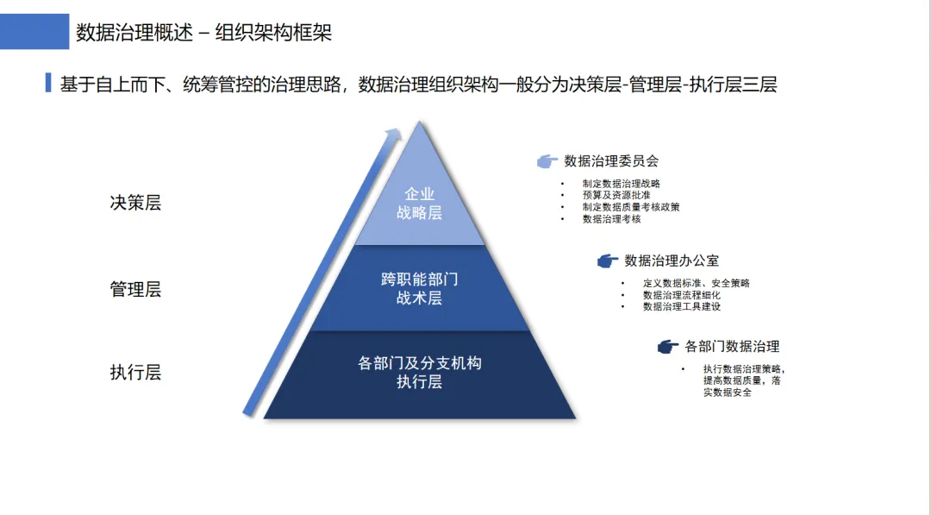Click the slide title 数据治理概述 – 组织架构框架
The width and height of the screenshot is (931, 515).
click(203, 33)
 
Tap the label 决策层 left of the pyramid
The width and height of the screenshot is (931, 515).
click(135, 204)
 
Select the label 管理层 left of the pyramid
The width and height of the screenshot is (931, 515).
click(135, 289)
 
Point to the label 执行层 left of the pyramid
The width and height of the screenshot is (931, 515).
click(135, 373)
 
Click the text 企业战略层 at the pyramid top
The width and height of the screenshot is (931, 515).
click(419, 204)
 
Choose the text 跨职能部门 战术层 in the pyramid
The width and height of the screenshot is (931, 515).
click(419, 289)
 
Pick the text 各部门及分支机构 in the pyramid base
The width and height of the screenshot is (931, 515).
click(419, 363)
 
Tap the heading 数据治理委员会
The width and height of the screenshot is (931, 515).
click(611, 161)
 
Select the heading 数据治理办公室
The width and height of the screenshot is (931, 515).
click(672, 261)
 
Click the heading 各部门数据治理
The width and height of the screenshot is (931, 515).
click(732, 347)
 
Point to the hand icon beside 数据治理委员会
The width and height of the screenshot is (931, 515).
click(547, 161)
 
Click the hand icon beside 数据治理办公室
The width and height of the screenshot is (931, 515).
click(607, 261)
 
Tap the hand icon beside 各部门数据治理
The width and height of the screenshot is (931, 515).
click(667, 347)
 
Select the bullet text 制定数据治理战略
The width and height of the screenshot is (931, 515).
click(621, 184)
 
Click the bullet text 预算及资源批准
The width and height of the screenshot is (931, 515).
click(615, 196)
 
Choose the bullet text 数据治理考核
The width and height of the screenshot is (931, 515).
click(611, 219)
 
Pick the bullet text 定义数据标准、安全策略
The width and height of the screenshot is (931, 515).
click(696, 283)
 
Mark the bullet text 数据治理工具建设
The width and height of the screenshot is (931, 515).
click(681, 306)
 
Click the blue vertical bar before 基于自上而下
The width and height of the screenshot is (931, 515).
click(48, 84)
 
